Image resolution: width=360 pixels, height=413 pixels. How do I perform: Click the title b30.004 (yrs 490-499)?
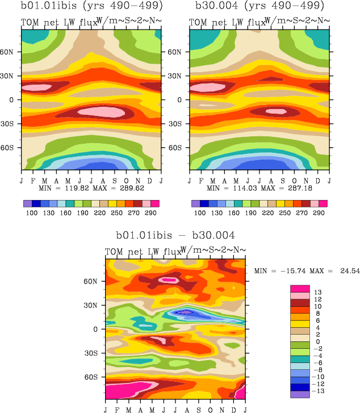click(259, 7)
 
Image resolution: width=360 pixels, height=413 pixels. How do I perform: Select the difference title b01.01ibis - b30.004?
click(175, 234)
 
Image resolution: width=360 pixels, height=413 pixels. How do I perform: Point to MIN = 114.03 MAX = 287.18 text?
click(259, 187)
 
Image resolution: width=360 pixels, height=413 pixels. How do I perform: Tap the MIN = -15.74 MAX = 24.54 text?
click(307, 270)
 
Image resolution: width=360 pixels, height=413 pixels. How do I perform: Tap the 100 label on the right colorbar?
click(200, 212)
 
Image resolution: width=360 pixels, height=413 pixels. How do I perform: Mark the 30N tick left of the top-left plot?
click(10, 75)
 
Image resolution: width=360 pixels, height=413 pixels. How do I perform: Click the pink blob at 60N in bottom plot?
click(169, 279)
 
